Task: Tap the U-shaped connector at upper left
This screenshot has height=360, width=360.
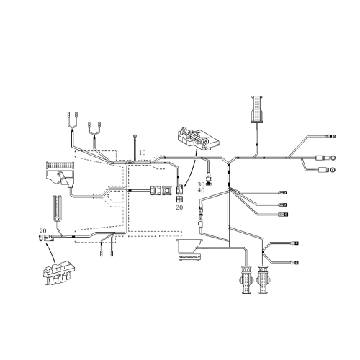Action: pyautogui.click(x=73, y=120)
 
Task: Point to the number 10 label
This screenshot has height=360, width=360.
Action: pyautogui.click(x=142, y=153)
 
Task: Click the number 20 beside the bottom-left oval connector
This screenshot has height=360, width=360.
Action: pyautogui.click(x=44, y=231)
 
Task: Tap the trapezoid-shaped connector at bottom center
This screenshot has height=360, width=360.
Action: pyautogui.click(x=192, y=250)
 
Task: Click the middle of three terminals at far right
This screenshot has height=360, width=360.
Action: pyautogui.click(x=332, y=158)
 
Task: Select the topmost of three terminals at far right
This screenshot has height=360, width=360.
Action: pyautogui.click(x=332, y=135)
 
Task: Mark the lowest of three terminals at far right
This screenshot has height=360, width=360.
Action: pyautogui.click(x=332, y=170)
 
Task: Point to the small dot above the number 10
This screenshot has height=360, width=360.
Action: pyautogui.click(x=135, y=135)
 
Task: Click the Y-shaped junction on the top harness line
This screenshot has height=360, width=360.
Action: pyautogui.click(x=229, y=161)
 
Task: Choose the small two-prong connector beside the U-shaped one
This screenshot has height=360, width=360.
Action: pyautogui.click(x=95, y=130)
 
